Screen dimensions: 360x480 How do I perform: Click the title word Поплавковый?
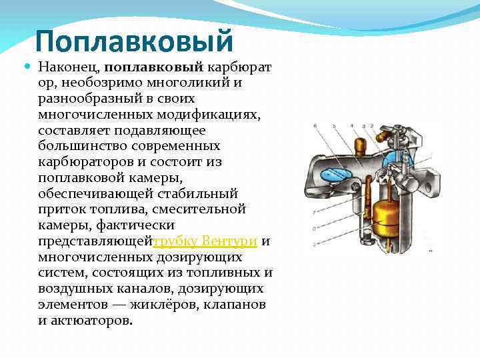pyautogui.click(x=135, y=41)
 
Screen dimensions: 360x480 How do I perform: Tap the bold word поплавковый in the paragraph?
pyautogui.click(x=153, y=67)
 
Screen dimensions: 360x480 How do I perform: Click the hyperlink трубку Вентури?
pyautogui.click(x=206, y=241)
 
